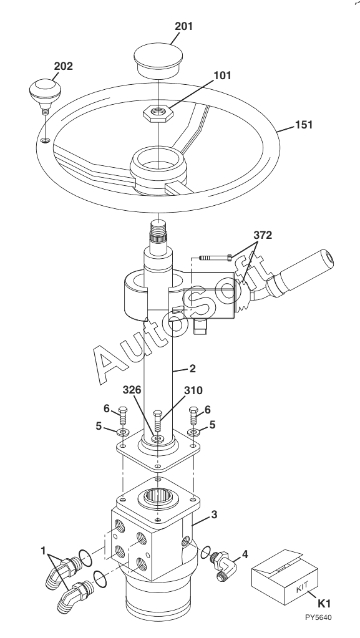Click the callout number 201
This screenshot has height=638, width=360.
click(x=183, y=26)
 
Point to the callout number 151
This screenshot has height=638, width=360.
click(x=303, y=125)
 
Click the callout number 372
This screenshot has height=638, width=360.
click(x=263, y=235)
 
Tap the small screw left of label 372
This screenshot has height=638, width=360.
click(x=215, y=257)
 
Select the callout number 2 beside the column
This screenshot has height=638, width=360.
click(x=193, y=369)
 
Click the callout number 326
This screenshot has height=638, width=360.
click(x=132, y=390)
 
